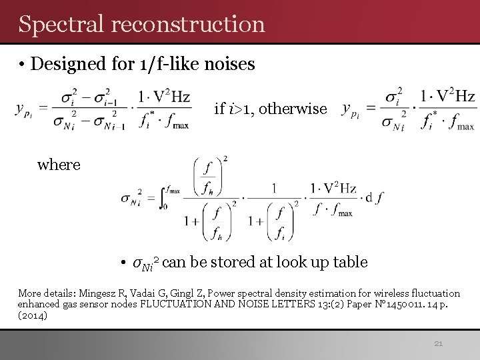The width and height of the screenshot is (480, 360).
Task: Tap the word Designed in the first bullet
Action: click(x=64, y=64)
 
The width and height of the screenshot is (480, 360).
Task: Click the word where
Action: click(x=59, y=164)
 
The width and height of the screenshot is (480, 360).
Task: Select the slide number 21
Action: click(x=438, y=344)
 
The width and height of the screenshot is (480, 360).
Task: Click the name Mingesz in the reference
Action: click(x=100, y=293)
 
